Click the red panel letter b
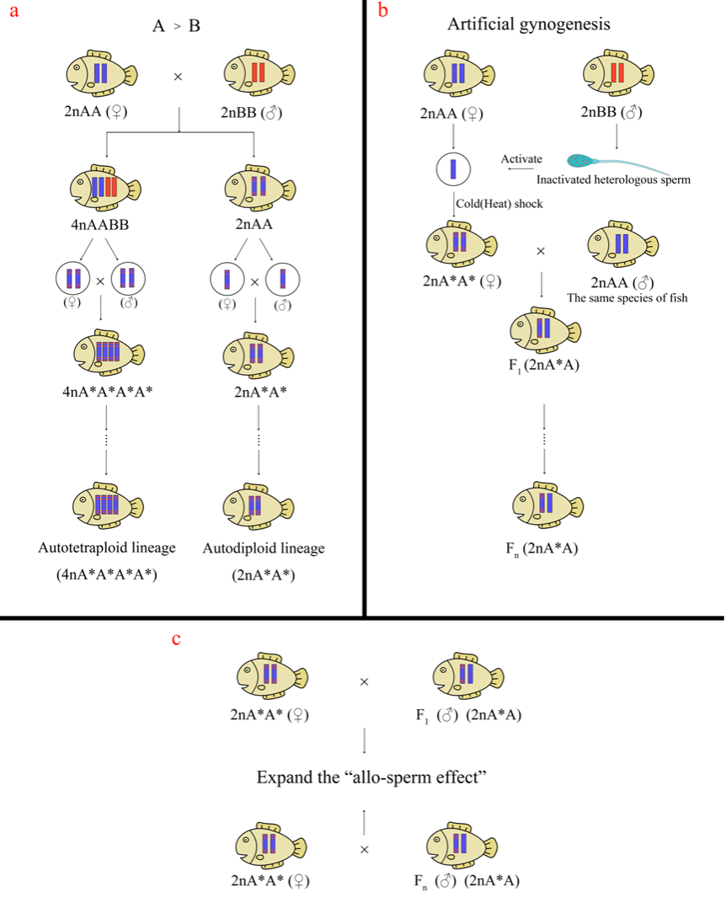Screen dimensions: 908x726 click(x=383, y=11)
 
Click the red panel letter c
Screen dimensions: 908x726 click(x=176, y=640)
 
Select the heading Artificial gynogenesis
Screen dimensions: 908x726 click(x=528, y=24)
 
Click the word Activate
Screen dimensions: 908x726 click(x=521, y=159)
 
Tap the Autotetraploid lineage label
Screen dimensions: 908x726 click(x=107, y=548)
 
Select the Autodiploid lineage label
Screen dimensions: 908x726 click(x=263, y=548)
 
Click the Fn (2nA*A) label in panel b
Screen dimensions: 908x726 click(x=544, y=548)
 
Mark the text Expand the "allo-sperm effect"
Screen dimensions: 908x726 click(x=372, y=777)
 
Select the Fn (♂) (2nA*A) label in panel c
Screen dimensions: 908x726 click(x=467, y=881)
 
